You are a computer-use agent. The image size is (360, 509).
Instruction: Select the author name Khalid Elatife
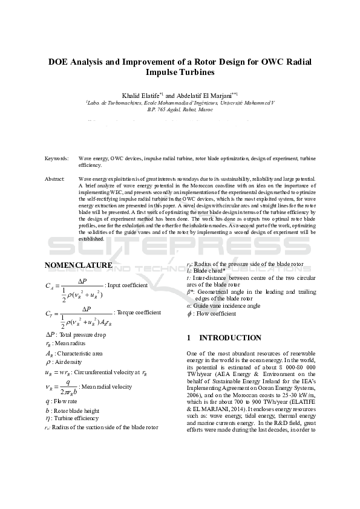[142, 96]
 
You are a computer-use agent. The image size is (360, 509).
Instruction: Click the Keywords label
[57, 158]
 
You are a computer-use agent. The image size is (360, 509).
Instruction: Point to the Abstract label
[55, 180]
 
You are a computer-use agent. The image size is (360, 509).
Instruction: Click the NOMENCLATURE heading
[79, 265]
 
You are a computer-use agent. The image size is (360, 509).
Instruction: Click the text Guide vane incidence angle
[226, 306]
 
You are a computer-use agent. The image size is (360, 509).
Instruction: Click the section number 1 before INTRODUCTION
[189, 338]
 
